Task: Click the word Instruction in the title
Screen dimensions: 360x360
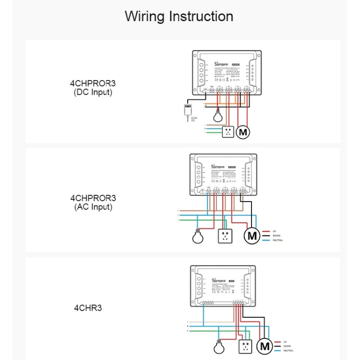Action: point(201,16)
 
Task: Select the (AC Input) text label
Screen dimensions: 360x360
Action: point(93,207)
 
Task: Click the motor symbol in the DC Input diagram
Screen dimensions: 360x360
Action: point(244,132)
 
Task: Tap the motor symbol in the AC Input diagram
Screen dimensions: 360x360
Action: point(252,236)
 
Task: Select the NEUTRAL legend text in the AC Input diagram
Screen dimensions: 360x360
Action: point(277,240)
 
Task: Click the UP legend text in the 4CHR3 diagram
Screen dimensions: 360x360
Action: point(285,341)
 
